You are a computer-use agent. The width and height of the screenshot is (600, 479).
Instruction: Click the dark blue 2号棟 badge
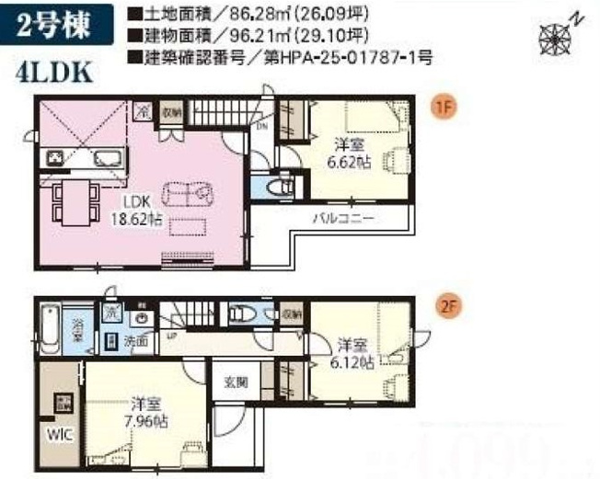[58, 28]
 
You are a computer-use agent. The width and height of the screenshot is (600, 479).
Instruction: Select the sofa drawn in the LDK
[188, 195]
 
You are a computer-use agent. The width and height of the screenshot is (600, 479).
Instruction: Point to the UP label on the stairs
[171, 337]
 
